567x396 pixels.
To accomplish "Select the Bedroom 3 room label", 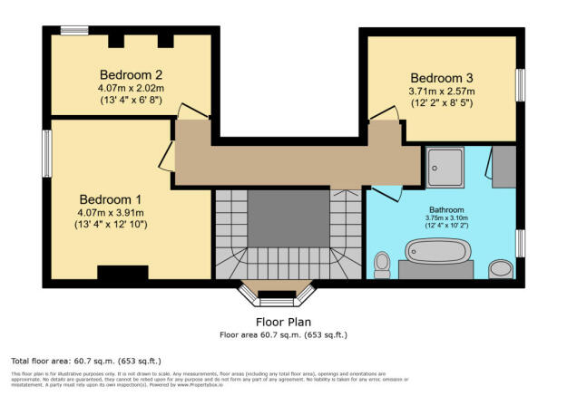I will point(442,77).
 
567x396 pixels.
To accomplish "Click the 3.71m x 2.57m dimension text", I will point(442,92).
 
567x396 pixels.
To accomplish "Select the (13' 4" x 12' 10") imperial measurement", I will point(111,225).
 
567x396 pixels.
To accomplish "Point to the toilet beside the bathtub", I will point(382,264).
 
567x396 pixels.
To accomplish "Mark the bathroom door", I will point(385,194).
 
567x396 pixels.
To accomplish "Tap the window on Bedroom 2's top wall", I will point(73,31).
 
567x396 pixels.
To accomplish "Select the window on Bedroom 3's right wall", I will point(521,86).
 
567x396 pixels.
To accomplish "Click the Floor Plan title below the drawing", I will point(282,321).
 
